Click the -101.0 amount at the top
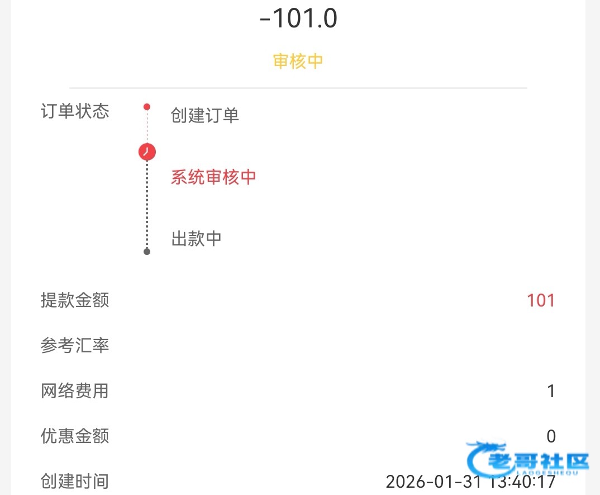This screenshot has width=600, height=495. (298, 19)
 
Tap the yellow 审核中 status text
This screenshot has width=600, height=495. (298, 61)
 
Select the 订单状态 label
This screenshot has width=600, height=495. (75, 111)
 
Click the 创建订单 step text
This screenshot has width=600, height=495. (205, 116)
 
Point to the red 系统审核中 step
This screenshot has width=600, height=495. (213, 177)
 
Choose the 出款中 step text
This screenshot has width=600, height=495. (196, 239)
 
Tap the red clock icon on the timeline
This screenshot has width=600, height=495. (147, 152)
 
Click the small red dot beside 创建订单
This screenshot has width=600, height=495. (147, 107)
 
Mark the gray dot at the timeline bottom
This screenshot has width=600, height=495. (147, 252)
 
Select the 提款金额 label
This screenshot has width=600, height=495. (75, 300)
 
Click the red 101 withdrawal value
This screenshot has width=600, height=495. (541, 300)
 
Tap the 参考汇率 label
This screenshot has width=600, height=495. (75, 346)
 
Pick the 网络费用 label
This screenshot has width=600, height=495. (75, 391)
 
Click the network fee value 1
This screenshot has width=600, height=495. (551, 391)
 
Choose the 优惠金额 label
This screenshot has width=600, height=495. (75, 436)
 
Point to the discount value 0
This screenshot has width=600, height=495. (551, 436)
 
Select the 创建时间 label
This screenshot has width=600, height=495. (75, 481)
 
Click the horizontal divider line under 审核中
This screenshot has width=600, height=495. (298, 88)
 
